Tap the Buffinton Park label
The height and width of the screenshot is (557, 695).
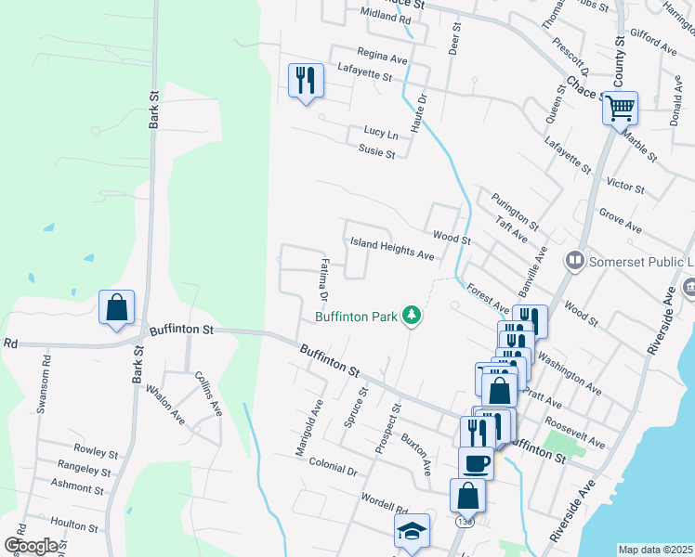(x=356, y=317)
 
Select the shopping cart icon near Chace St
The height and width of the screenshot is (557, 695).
(x=620, y=108)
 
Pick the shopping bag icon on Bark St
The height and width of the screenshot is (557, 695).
(x=117, y=307)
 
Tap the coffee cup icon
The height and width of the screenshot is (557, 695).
(x=476, y=462)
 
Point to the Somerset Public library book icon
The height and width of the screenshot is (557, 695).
(x=574, y=261)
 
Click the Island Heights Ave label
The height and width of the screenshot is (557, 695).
(x=392, y=248)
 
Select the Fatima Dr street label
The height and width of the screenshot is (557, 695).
(x=323, y=281)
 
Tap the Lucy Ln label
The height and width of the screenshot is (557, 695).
(x=381, y=134)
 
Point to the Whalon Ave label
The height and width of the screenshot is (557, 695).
(x=165, y=406)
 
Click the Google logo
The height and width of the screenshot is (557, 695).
(x=32, y=546)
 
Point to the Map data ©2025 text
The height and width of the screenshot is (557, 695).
(x=655, y=550)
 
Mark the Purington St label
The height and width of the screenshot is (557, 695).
(x=517, y=211)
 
